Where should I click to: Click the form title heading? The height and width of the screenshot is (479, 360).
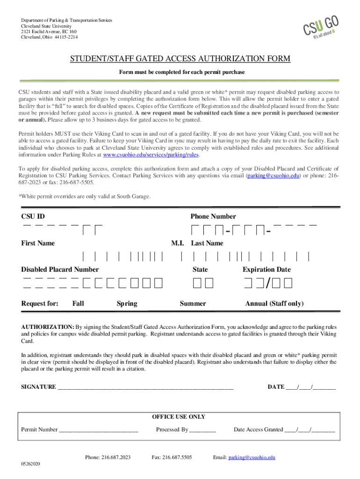(180, 58)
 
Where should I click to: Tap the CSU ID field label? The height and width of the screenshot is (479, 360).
(33, 216)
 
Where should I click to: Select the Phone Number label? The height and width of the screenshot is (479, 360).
(213, 216)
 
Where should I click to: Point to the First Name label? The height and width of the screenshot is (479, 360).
(38, 243)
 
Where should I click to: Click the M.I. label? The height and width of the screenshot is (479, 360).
(178, 243)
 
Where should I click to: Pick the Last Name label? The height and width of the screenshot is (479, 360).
(207, 243)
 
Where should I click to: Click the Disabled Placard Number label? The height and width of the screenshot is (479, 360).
(60, 269)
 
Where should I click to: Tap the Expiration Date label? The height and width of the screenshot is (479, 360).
(266, 269)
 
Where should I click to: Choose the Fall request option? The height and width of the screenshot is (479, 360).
(78, 304)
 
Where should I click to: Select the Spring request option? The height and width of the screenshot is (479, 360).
(127, 304)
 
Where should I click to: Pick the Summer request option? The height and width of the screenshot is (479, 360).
(193, 304)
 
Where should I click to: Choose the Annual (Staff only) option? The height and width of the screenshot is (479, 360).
(274, 304)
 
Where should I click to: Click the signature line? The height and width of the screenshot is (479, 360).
(145, 387)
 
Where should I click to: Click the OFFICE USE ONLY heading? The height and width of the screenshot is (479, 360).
(179, 417)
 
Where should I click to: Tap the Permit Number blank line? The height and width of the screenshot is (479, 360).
(99, 430)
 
